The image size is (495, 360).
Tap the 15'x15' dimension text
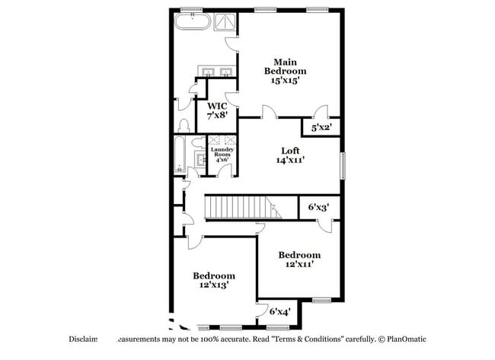click(286, 80)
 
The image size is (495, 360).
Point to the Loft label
click(290, 151)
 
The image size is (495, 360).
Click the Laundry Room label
click(223, 155)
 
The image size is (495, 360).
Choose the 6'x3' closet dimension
click(318, 207)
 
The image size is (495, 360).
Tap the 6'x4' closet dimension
click(279, 311)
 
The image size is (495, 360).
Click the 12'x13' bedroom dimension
click(213, 285)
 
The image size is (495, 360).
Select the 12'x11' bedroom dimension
click(299, 264)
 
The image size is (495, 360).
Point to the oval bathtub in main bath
click(192, 21)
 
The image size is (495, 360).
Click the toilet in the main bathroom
click(184, 124)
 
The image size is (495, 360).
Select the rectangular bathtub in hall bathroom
click(180, 155)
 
